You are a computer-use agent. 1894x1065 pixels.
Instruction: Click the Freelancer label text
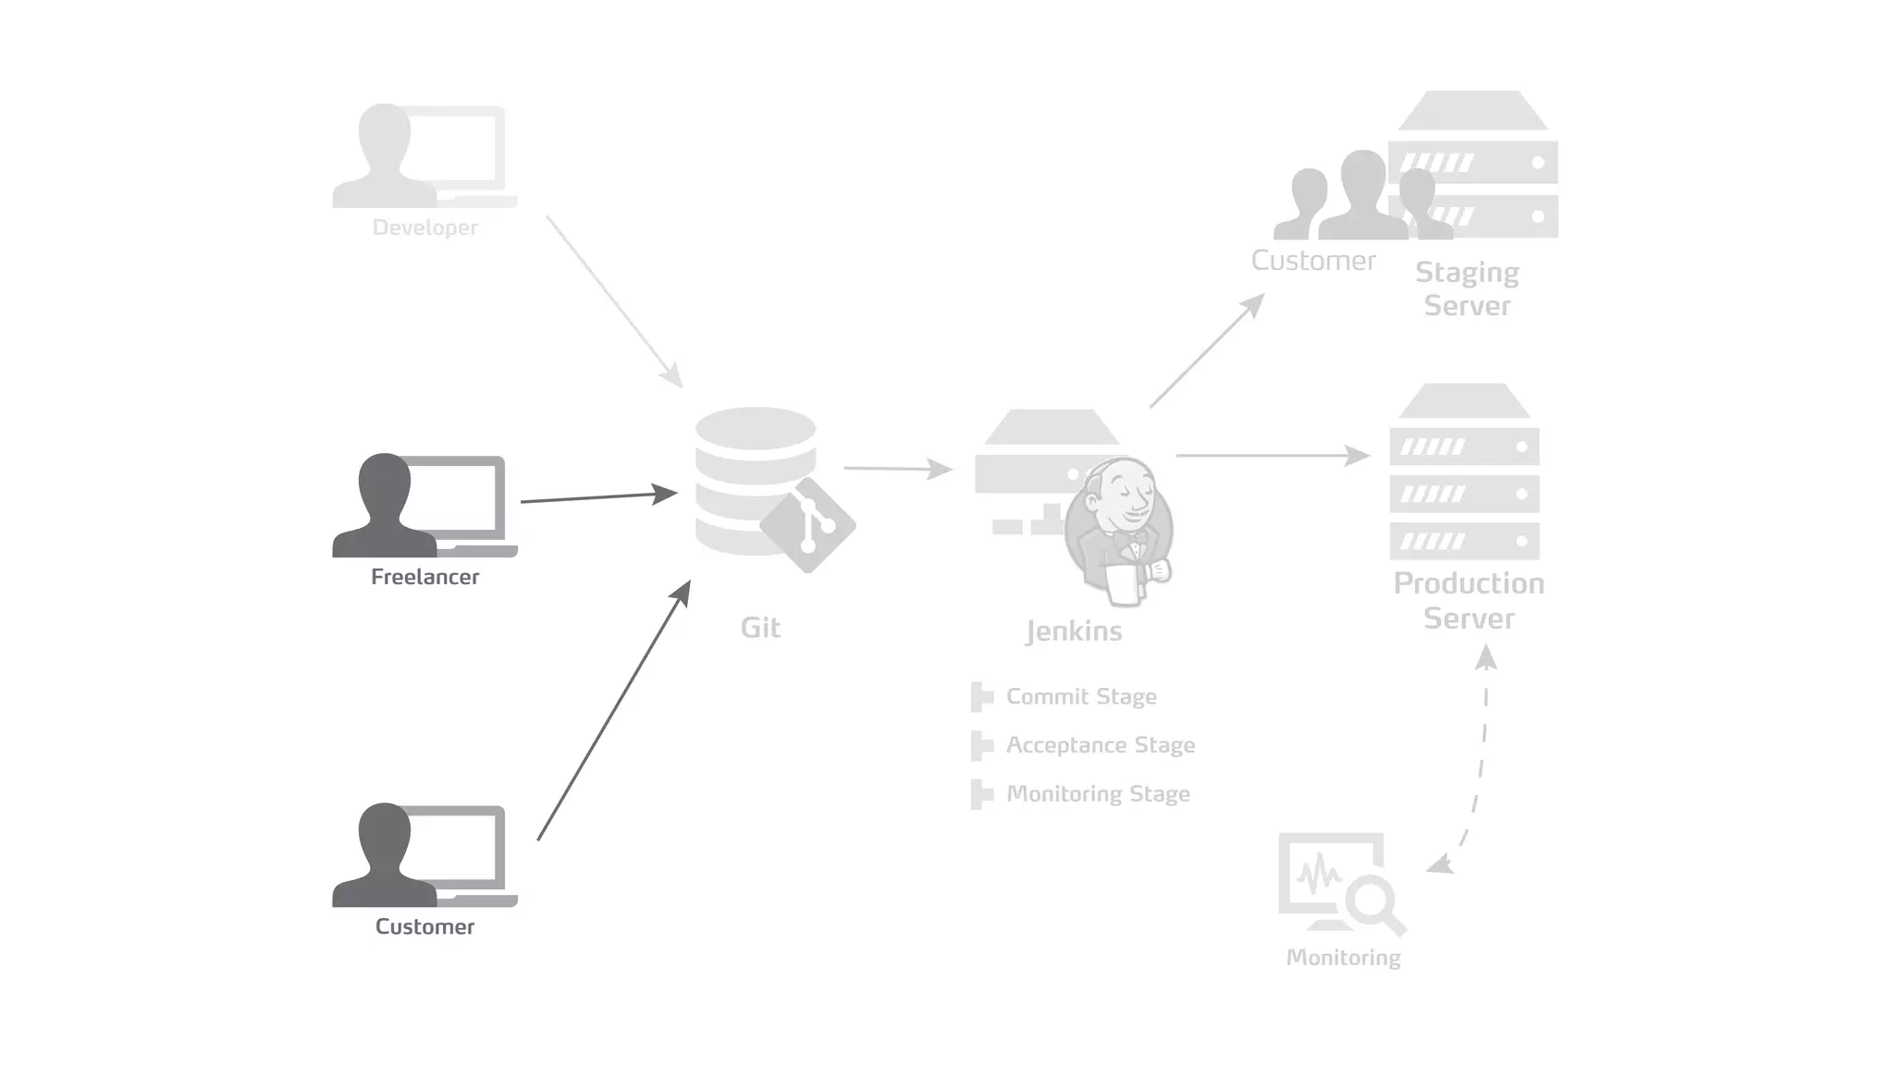pos(424,577)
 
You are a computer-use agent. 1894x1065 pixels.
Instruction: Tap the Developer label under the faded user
pos(424,227)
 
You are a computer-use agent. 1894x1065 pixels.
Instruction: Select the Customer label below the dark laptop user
pos(424,926)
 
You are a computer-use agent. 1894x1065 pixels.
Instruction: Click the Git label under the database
pos(760,628)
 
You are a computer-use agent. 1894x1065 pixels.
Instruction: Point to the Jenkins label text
pos(1074,631)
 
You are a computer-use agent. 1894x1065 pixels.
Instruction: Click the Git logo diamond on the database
pos(807,525)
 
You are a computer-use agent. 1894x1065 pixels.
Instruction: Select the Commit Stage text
pos(1080,696)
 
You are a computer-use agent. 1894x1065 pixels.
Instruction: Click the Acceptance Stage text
pos(1100,745)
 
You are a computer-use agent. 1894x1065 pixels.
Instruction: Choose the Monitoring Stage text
pos(1097,794)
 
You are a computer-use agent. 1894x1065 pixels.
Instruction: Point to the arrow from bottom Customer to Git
pos(613,712)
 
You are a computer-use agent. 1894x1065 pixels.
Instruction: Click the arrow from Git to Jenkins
pos(897,469)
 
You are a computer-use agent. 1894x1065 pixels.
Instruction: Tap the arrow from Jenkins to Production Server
pos(1272,456)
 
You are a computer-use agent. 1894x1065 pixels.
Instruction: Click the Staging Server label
pos(1467,288)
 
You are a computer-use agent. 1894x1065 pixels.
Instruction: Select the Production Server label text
pos(1469,600)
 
